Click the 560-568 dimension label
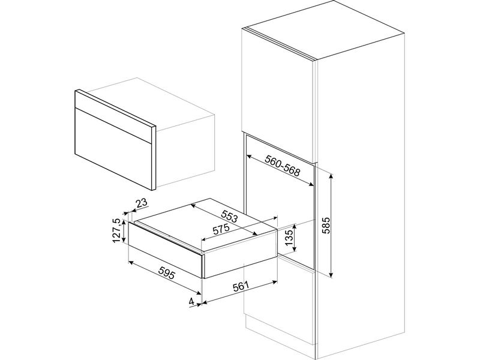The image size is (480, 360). click(282, 166)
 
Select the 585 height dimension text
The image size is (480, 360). click(326, 226)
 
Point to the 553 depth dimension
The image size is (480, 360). click(229, 215)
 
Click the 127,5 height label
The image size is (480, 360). click(116, 231)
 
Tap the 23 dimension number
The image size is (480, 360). click(142, 203)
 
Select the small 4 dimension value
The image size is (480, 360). click(191, 302)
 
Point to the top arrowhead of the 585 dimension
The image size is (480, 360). click(331, 175)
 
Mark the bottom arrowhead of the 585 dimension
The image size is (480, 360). click(331, 275)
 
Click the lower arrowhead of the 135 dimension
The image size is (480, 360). click(295, 249)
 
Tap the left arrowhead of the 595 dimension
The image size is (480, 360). click(131, 262)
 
